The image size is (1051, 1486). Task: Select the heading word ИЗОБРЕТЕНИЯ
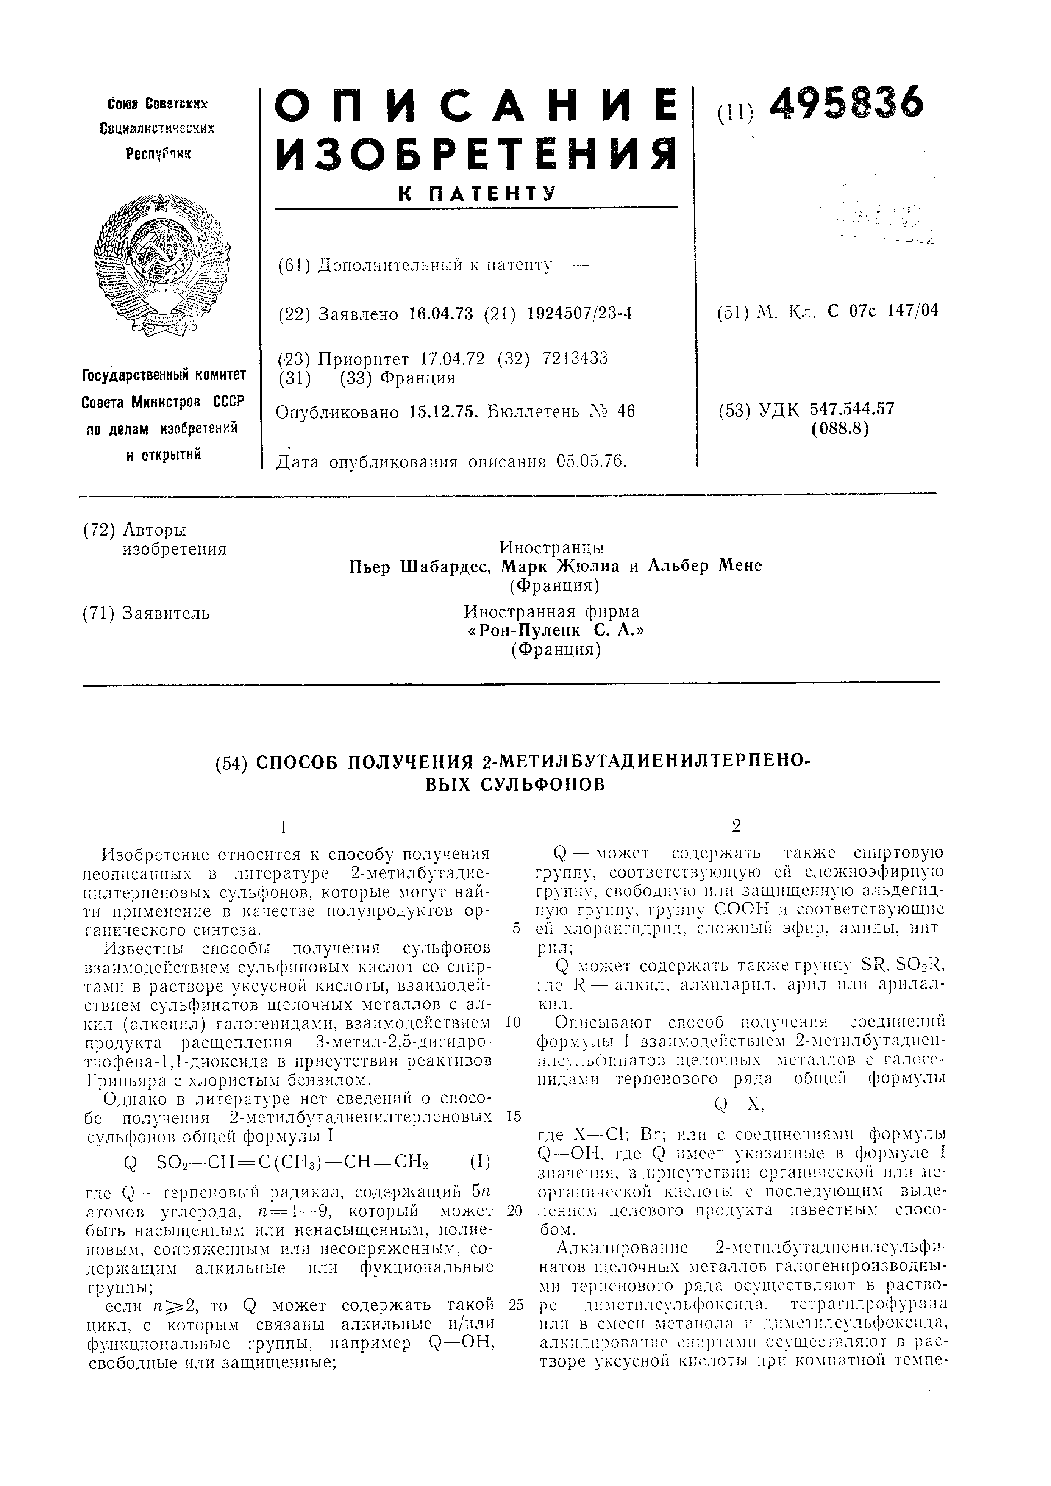tap(475, 155)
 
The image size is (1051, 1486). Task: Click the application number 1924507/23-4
tap(579, 314)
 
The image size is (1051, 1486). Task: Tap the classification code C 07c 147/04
tap(883, 311)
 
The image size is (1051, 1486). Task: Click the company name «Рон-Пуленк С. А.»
tap(555, 630)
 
